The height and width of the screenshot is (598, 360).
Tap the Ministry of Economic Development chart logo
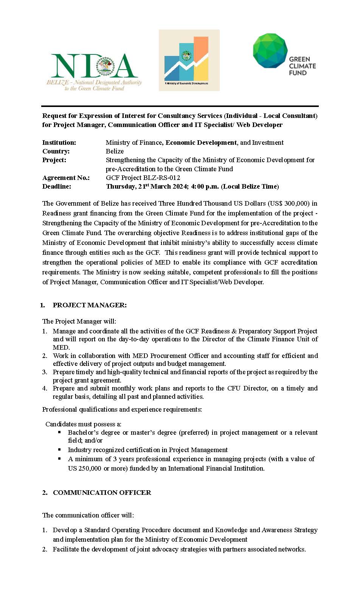189,60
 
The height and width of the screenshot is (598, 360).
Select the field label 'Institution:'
59,143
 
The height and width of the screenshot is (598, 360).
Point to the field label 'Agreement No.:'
66,178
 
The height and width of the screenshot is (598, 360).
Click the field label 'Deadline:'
56,186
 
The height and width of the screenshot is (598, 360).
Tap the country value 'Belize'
115,151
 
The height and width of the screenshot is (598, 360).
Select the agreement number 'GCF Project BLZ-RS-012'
143,178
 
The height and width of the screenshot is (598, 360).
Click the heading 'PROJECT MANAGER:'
90,305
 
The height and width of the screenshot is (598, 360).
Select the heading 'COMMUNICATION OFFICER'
102,493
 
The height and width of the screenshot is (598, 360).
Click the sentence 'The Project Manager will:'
79,321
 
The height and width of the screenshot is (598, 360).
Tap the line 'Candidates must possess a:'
83,424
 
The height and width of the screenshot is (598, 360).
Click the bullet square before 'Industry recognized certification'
59,449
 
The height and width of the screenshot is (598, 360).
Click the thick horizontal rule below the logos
180,107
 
